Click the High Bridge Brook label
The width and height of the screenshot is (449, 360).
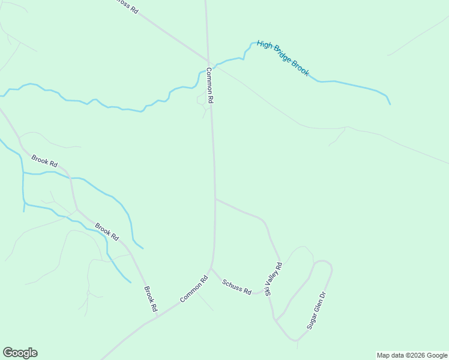pos(283,58)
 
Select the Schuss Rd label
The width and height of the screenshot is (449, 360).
pos(237,287)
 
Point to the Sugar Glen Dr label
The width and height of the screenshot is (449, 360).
pos(316,310)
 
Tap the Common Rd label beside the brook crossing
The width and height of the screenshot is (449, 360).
pos(210,86)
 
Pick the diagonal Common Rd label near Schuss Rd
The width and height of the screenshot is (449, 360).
pos(194,289)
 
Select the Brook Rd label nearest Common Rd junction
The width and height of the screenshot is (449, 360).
pos(150,298)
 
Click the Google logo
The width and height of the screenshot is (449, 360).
pos(20,353)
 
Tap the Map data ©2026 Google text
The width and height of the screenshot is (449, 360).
pos(412,355)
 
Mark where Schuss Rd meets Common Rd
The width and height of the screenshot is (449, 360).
pos(211,268)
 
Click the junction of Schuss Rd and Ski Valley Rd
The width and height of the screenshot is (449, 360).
pos(266,292)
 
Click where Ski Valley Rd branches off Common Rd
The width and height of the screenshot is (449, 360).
pos(215,199)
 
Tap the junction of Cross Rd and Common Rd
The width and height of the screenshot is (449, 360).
pos(208,61)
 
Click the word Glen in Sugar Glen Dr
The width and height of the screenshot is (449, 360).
pos(316,310)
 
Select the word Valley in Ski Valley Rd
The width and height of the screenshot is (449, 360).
pos(273,277)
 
